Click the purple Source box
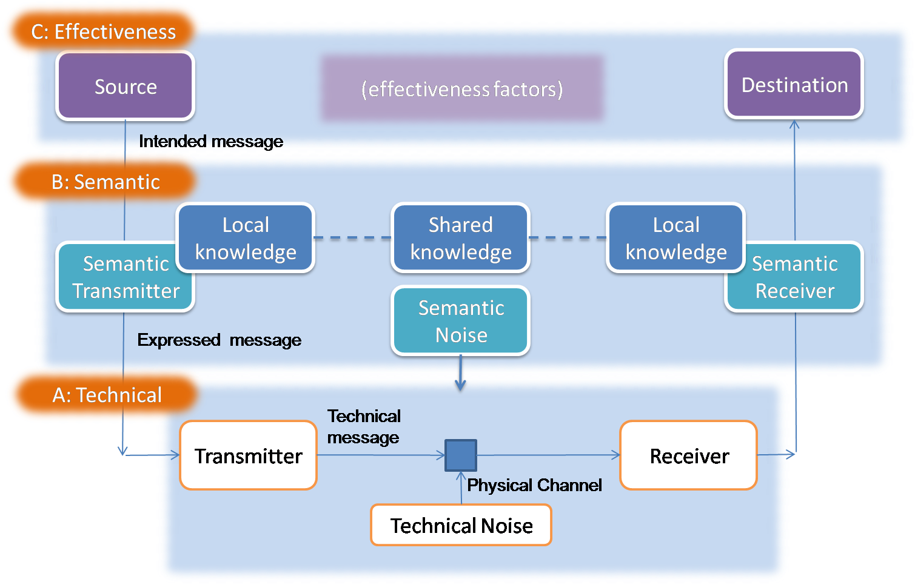tap(126, 86)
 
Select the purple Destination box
tap(794, 85)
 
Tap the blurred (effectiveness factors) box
tap(462, 89)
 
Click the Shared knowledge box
tap(461, 238)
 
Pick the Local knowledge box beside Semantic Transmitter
tap(246, 238)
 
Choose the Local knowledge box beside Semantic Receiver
tap(675, 238)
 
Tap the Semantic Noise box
tap(461, 321)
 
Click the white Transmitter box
tap(249, 455)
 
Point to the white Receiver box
tap(689, 455)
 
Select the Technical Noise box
tap(461, 525)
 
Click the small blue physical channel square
tap(461, 455)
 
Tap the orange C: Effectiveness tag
tap(103, 31)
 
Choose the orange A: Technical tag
tap(107, 395)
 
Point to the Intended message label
tap(211, 141)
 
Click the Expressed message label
tap(219, 340)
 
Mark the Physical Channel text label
tap(534, 485)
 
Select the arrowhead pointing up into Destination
tap(794, 124)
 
